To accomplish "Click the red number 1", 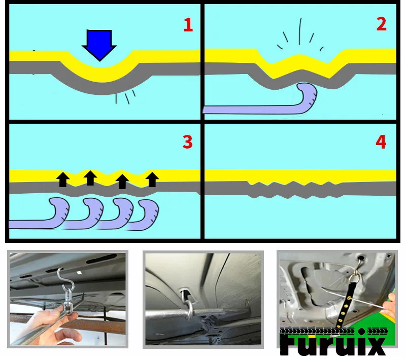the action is tap(188, 25).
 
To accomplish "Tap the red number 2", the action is tap(381, 24).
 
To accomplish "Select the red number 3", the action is tap(188, 142).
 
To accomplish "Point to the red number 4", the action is tap(381, 142).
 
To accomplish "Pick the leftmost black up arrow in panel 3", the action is tap(63, 179).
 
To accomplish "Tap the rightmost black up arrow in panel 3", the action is tap(152, 179).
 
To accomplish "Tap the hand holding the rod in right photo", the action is tap(389, 306).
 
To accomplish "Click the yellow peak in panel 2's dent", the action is tap(299, 55).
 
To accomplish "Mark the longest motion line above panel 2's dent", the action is tap(300, 31).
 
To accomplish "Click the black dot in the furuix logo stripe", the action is tap(362, 331).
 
